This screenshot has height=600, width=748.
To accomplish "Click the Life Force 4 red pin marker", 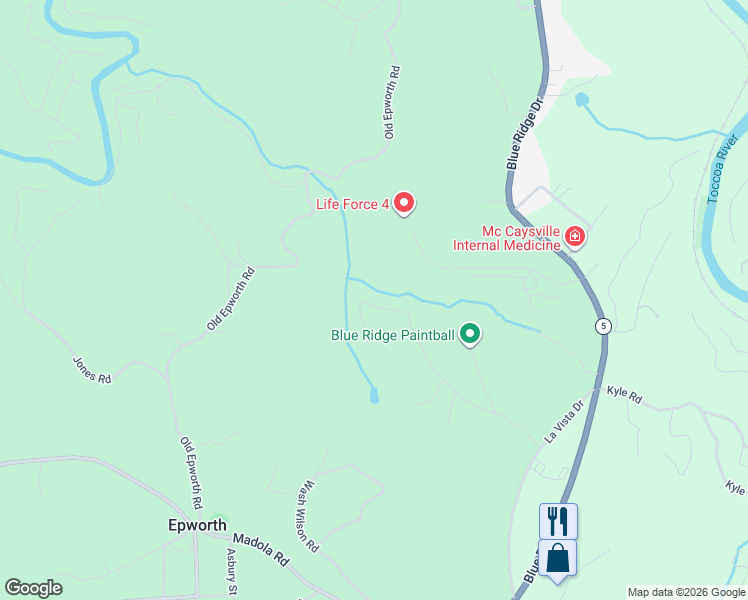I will [x=404, y=203].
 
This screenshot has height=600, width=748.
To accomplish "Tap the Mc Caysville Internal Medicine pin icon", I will [x=574, y=236].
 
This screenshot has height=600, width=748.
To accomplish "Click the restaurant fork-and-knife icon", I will [x=558, y=520].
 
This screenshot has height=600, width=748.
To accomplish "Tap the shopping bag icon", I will [x=558, y=558].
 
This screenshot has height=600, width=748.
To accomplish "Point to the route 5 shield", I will [x=603, y=326].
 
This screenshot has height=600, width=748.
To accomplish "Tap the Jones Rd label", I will [x=90, y=370].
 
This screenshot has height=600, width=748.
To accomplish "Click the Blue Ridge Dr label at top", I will [x=523, y=132].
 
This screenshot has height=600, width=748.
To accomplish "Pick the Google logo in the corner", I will [x=33, y=588].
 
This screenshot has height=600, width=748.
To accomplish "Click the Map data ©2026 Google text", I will [x=686, y=592].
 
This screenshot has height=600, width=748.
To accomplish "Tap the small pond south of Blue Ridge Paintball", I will [x=374, y=396].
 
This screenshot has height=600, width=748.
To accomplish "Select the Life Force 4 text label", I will [x=352, y=204].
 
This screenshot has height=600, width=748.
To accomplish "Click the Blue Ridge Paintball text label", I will [x=393, y=335].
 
